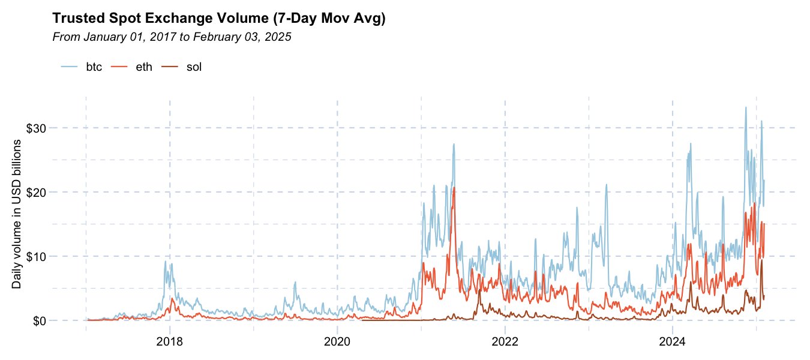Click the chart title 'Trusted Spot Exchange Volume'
pos(219,19)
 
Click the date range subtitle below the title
pos(172,37)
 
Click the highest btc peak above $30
pos(745,108)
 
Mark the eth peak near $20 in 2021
pos(454,188)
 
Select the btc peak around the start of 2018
pos(166,261)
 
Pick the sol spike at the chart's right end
pos(762,260)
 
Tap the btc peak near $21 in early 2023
pos(607,185)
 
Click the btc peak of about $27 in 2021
pos(454,145)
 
